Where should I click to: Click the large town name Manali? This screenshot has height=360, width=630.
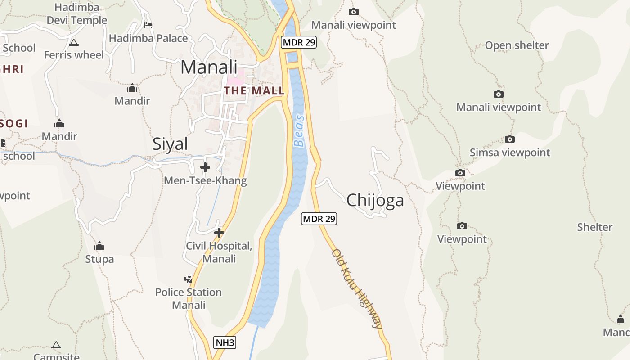[x=209, y=67]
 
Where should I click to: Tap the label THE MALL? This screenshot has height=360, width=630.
[x=254, y=90]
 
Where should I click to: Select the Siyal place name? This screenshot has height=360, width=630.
[x=170, y=144]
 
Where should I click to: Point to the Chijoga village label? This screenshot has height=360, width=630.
[x=375, y=200]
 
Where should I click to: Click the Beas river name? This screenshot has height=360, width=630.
[x=299, y=131]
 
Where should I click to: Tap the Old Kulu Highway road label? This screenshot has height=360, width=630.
[x=357, y=288]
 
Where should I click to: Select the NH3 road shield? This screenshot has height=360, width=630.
[x=225, y=342]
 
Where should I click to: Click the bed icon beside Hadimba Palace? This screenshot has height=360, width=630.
[x=148, y=25]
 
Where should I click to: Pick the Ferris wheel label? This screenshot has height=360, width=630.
[x=74, y=55]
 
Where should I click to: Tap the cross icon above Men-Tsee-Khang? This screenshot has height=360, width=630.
[x=205, y=167]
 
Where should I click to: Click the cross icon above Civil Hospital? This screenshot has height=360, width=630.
[x=219, y=233]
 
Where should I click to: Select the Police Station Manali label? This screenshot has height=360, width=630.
[x=189, y=298]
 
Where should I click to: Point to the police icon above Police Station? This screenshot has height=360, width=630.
[x=189, y=279]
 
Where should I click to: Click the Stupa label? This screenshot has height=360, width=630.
[x=99, y=259]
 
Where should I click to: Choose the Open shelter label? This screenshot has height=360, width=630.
[x=517, y=45]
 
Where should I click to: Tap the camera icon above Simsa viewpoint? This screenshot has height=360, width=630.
[x=509, y=139]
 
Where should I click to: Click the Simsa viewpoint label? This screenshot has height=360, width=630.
[x=510, y=153]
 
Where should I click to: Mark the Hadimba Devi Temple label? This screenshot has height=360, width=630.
[x=77, y=14]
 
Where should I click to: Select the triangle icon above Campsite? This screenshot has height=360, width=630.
[x=56, y=345]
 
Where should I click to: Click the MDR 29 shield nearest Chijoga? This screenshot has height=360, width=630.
[x=319, y=219]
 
